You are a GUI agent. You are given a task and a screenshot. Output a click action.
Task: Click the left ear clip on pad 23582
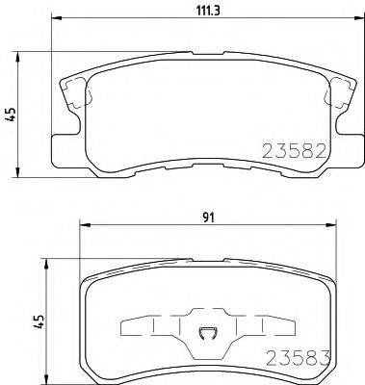pyautogui.click(x=75, y=93)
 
